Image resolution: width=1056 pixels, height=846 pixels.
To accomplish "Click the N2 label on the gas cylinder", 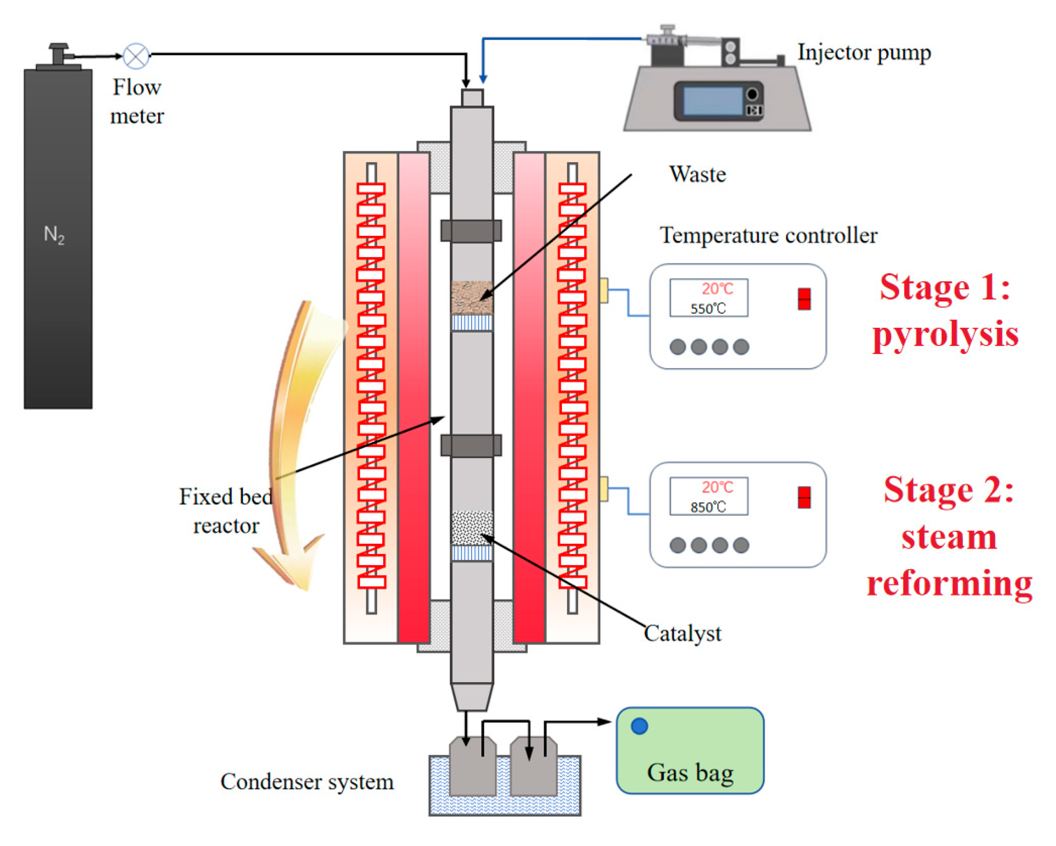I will pos(54,235).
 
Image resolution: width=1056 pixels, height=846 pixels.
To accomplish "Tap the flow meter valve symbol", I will pos(136,56).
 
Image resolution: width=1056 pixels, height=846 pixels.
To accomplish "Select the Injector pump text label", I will pos(864,52).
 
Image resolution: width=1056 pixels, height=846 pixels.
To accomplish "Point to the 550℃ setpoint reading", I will pos(708,309).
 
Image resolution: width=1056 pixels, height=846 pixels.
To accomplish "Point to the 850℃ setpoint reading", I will pos(708,507).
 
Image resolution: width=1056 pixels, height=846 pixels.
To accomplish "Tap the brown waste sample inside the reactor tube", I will pos(471,297).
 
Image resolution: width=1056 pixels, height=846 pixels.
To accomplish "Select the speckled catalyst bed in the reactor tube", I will pos(471,528).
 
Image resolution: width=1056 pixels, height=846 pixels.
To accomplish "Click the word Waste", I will pos(697,175).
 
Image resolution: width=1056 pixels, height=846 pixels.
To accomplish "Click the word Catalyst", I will pos(682,633).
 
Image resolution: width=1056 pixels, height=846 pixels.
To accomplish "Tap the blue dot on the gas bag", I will pos(639,726).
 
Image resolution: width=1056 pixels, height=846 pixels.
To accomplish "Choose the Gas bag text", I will pos(690,773).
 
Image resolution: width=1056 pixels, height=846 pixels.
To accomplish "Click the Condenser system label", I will pos(307,781).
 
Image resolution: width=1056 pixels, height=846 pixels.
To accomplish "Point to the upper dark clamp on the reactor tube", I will pos(471,231).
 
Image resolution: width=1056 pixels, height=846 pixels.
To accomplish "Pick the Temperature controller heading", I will pos(768,235).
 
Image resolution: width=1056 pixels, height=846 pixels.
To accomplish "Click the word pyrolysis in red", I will pos(945,335).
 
